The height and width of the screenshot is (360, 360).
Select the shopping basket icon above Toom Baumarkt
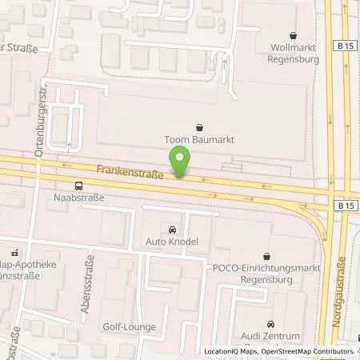[199, 126]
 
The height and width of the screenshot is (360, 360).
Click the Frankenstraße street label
[130, 171]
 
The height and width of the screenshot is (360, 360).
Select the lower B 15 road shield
[346, 206]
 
